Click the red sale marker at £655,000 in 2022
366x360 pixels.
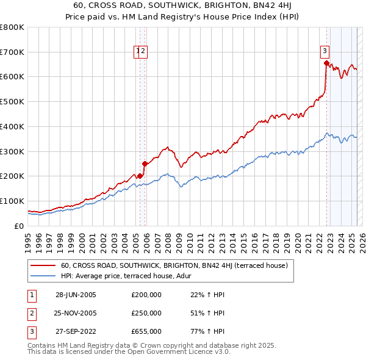(326, 62)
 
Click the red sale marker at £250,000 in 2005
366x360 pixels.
(145, 163)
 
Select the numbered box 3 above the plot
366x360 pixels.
(325, 51)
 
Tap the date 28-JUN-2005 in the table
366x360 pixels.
(76, 295)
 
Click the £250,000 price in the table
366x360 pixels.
(146, 313)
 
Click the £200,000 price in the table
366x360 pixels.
(146, 295)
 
